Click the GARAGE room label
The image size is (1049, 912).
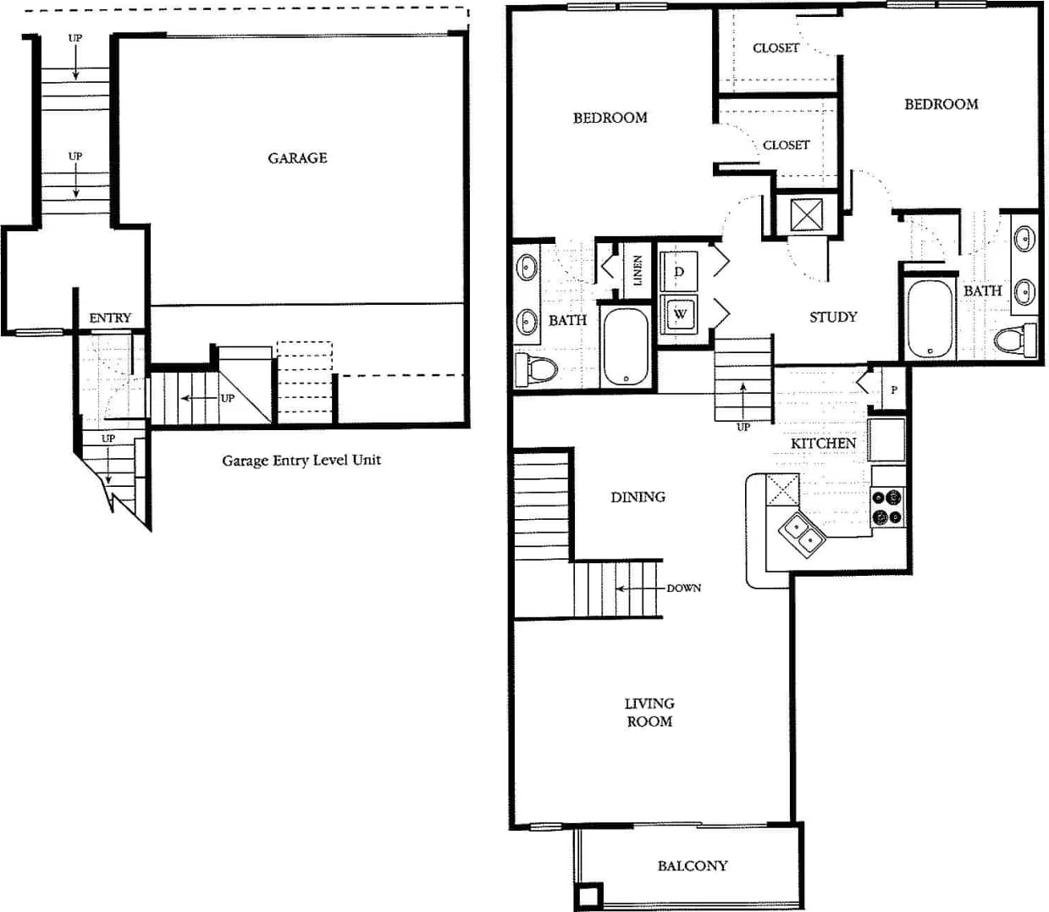pyautogui.click(x=297, y=158)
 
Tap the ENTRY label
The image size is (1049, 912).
pyautogui.click(x=110, y=318)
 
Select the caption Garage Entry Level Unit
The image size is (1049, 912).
pyautogui.click(x=301, y=461)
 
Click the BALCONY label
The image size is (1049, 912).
pyautogui.click(x=692, y=866)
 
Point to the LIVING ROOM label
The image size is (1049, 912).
pyautogui.click(x=649, y=712)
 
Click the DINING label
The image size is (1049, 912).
pyautogui.click(x=638, y=497)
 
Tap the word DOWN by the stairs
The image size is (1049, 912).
pyautogui.click(x=683, y=589)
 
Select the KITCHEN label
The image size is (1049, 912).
pyautogui.click(x=823, y=444)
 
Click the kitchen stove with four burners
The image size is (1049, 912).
pyautogui.click(x=888, y=508)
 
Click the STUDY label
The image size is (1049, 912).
pyautogui.click(x=833, y=318)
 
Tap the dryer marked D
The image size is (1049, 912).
pyautogui.click(x=679, y=272)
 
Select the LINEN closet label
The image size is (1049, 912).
pyautogui.click(x=638, y=270)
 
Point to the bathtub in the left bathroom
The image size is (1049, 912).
pyautogui.click(x=626, y=346)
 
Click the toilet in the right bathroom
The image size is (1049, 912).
pyautogui.click(x=1015, y=341)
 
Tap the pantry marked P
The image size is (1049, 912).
pyautogui.click(x=893, y=390)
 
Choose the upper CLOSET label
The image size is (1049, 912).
pyautogui.click(x=776, y=48)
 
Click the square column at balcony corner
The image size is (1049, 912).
pyautogui.click(x=588, y=896)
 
